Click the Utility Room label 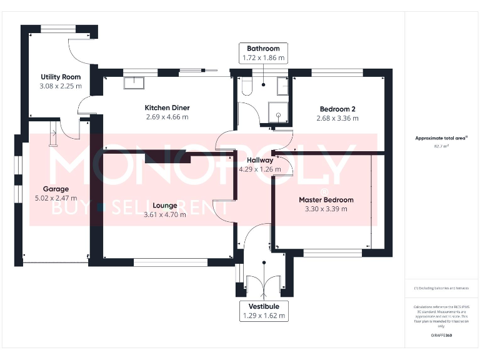point(61,77)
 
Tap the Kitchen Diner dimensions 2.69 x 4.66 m point(167,117)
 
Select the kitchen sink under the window point(134,82)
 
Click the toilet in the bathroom point(246,87)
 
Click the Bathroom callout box point(263,53)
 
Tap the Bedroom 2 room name point(337,107)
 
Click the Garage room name point(56,189)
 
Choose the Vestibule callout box point(263,311)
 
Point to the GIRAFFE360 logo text point(441,336)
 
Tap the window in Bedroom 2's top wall point(337,73)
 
